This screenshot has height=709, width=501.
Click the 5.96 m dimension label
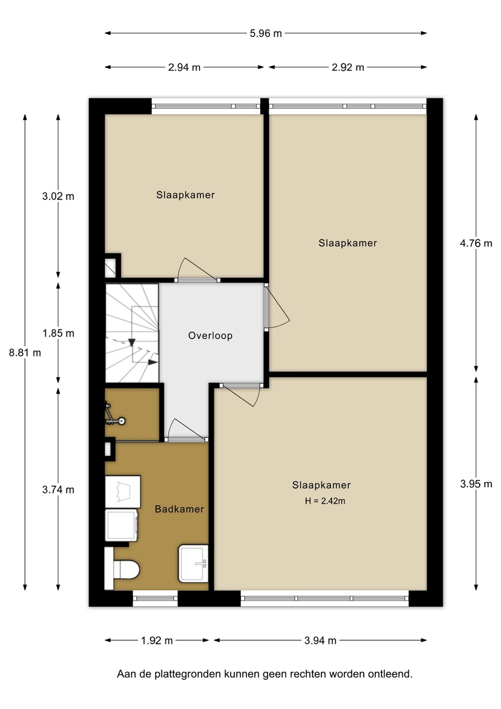click(266, 33)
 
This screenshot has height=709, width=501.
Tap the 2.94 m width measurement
click(184, 67)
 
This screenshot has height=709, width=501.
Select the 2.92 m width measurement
click(347, 67)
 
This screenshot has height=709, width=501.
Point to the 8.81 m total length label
click(25, 353)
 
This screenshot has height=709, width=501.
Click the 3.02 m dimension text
click(58, 196)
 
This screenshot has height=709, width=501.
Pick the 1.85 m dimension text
click(58, 333)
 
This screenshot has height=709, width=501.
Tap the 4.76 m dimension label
click(476, 243)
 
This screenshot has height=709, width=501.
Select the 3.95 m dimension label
click(476, 484)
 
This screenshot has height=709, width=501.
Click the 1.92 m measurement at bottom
click(157, 641)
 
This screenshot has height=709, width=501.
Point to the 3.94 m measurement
click(320, 641)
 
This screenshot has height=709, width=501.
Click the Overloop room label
click(210, 335)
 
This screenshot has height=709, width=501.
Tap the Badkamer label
click(179, 509)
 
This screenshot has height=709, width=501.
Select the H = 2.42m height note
click(325, 501)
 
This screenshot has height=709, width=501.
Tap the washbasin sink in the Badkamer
click(193, 563)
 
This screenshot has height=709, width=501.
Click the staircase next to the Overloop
click(132, 333)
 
